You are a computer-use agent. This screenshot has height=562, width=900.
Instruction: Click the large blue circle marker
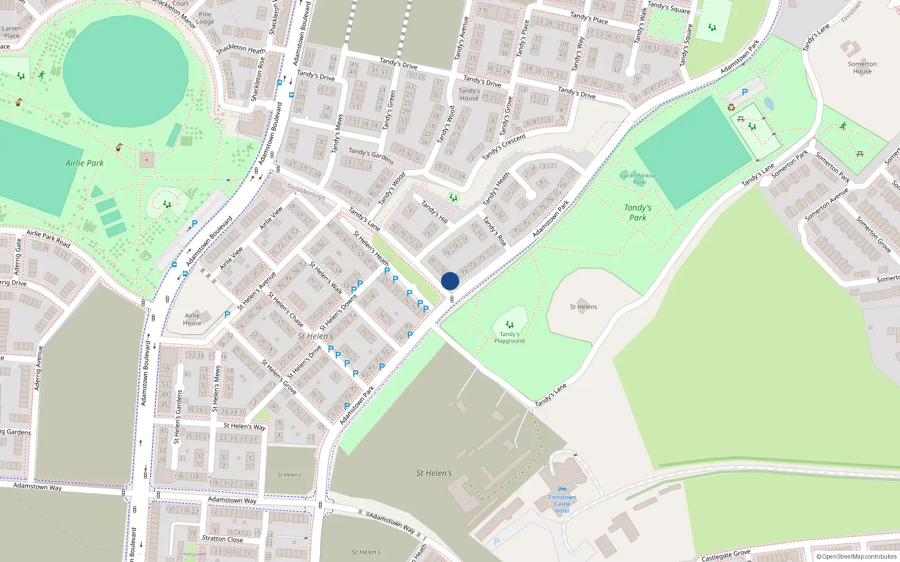point(450,281)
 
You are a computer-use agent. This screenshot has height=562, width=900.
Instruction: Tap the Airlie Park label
point(84,163)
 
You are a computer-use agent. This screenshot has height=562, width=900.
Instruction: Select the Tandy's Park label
point(637,212)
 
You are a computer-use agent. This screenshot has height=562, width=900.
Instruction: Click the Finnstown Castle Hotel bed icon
point(562,490)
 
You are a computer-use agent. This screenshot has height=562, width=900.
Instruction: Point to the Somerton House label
point(862,67)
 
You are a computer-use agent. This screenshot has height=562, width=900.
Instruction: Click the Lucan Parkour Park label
point(638,179)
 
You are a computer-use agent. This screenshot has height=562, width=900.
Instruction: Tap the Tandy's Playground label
point(510,337)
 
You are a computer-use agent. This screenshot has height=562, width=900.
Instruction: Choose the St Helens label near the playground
point(583,307)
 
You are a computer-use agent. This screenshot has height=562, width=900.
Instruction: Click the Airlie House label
point(192,319)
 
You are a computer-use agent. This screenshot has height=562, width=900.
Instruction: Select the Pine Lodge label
point(205,18)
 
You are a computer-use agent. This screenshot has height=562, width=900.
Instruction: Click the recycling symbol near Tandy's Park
point(731,107)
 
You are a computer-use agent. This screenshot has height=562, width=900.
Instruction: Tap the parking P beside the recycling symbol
point(745,92)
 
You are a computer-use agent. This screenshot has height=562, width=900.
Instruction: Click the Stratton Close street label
point(222,539)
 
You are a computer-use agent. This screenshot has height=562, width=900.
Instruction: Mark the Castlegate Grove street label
point(726,555)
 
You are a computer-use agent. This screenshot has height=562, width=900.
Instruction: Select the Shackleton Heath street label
point(241,49)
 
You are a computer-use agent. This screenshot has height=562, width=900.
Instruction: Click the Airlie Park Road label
point(48,238)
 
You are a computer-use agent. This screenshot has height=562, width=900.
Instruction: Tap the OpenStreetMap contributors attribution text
point(857,556)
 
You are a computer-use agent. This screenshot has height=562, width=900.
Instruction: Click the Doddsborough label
point(306,192)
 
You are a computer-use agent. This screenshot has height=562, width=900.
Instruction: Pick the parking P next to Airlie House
point(227,315)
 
